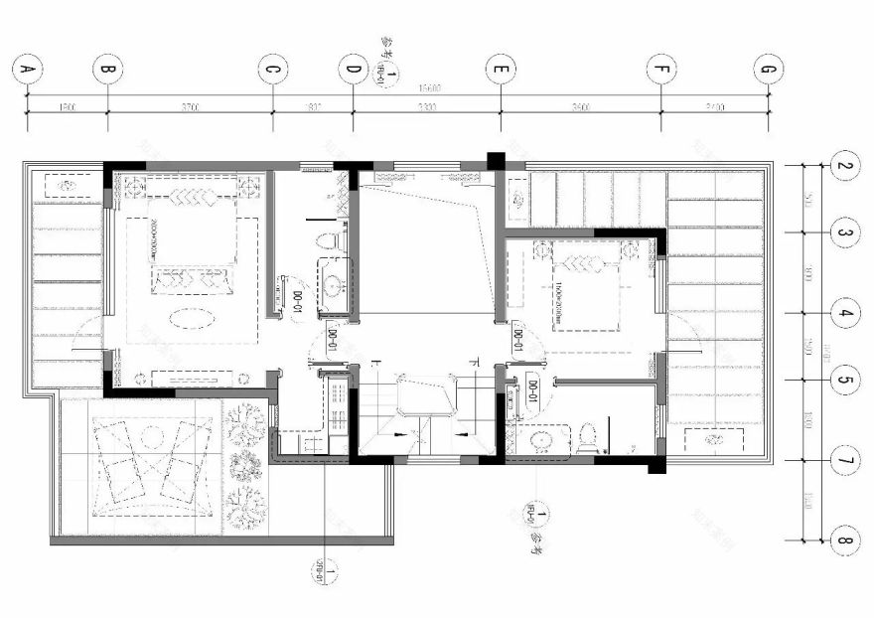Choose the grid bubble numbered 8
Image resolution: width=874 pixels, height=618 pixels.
[x=843, y=541]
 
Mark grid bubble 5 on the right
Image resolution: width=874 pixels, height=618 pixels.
[x=843, y=380]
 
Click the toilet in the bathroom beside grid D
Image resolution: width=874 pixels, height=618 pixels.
[x=328, y=240]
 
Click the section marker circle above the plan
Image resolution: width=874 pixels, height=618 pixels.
[x=389, y=74]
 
